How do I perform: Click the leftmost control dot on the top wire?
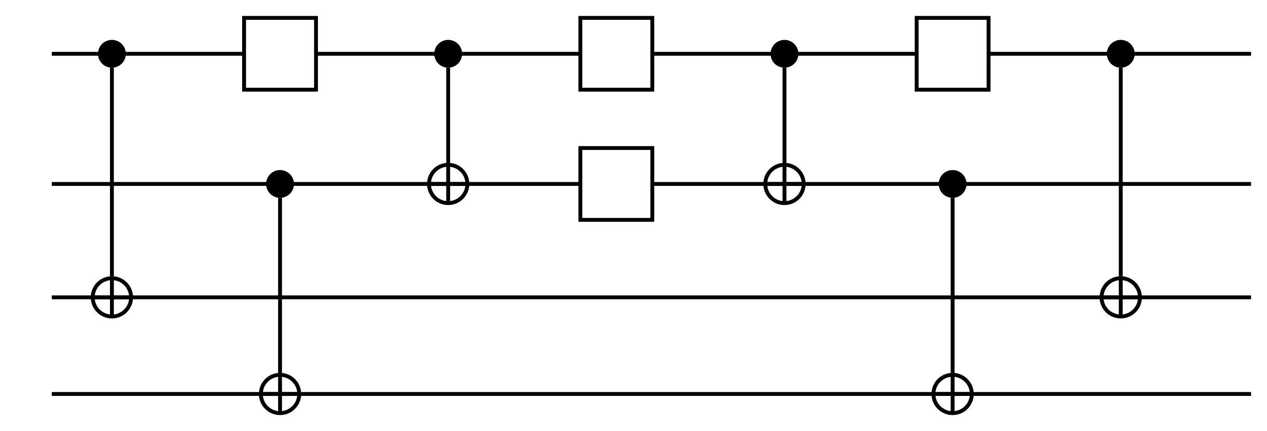112,54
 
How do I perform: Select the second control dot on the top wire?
448,54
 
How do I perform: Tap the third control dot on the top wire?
785,54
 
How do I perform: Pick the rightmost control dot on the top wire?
1121,54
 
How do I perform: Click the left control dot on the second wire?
280,184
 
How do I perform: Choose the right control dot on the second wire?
953,184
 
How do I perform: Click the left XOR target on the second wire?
448,184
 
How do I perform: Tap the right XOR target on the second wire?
785,184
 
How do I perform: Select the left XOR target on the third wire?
112,297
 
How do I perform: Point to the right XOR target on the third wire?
1121,297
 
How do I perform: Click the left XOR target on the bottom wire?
280,394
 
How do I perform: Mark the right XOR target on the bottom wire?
953,394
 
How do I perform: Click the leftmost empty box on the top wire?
280,54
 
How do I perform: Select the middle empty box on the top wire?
616,54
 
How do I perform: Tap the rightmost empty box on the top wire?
953,54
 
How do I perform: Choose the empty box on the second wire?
616,184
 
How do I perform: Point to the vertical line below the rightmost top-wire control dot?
1121,128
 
